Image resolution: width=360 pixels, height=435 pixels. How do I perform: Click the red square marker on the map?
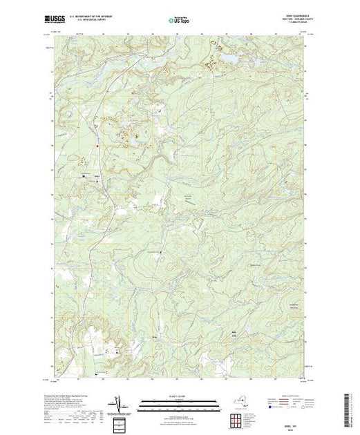[97, 145]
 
